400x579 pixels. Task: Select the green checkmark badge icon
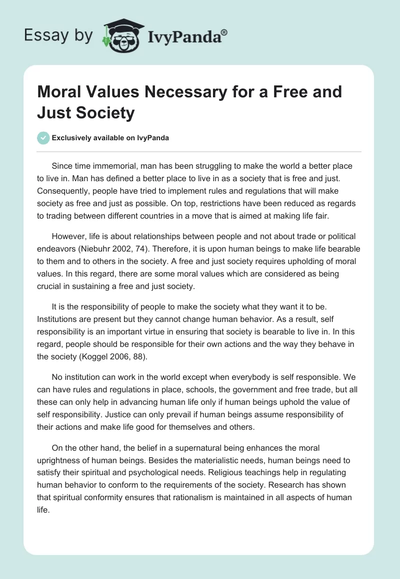point(43,138)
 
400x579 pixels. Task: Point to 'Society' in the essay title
point(106,113)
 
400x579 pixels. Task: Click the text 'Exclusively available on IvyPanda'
point(110,138)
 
